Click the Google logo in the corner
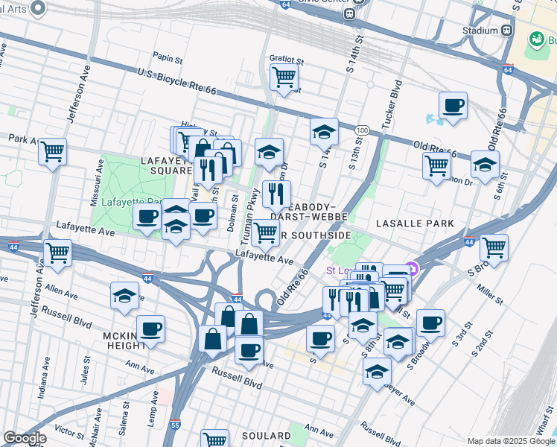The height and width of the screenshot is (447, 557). pyautogui.click(x=25, y=438)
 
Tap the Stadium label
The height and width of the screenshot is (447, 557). pyautogui.click(x=479, y=31)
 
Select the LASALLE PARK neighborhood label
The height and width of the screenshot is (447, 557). pyautogui.click(x=415, y=223)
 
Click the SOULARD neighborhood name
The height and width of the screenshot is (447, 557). pyautogui.click(x=266, y=435)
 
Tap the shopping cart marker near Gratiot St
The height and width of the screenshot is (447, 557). pyautogui.click(x=284, y=76)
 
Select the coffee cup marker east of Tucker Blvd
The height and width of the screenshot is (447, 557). pyautogui.click(x=453, y=105)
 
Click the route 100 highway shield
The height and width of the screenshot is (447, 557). pyautogui.click(x=362, y=130)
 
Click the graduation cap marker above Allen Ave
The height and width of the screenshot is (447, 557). pyautogui.click(x=124, y=295)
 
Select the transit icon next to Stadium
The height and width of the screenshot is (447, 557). pyautogui.click(x=506, y=31)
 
